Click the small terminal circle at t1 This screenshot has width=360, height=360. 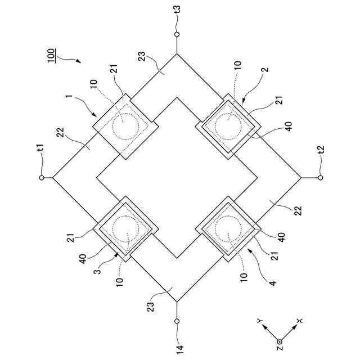pyautogui.click(x=41, y=178)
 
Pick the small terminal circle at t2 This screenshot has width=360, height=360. pyautogui.click(x=320, y=178)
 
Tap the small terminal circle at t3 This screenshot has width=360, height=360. pyautogui.click(x=177, y=34)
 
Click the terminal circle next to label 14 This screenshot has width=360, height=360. pyautogui.click(x=177, y=321)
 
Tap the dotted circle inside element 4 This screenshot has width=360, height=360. pyautogui.click(x=228, y=230)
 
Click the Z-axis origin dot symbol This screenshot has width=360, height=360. pyautogui.click(x=280, y=340)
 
